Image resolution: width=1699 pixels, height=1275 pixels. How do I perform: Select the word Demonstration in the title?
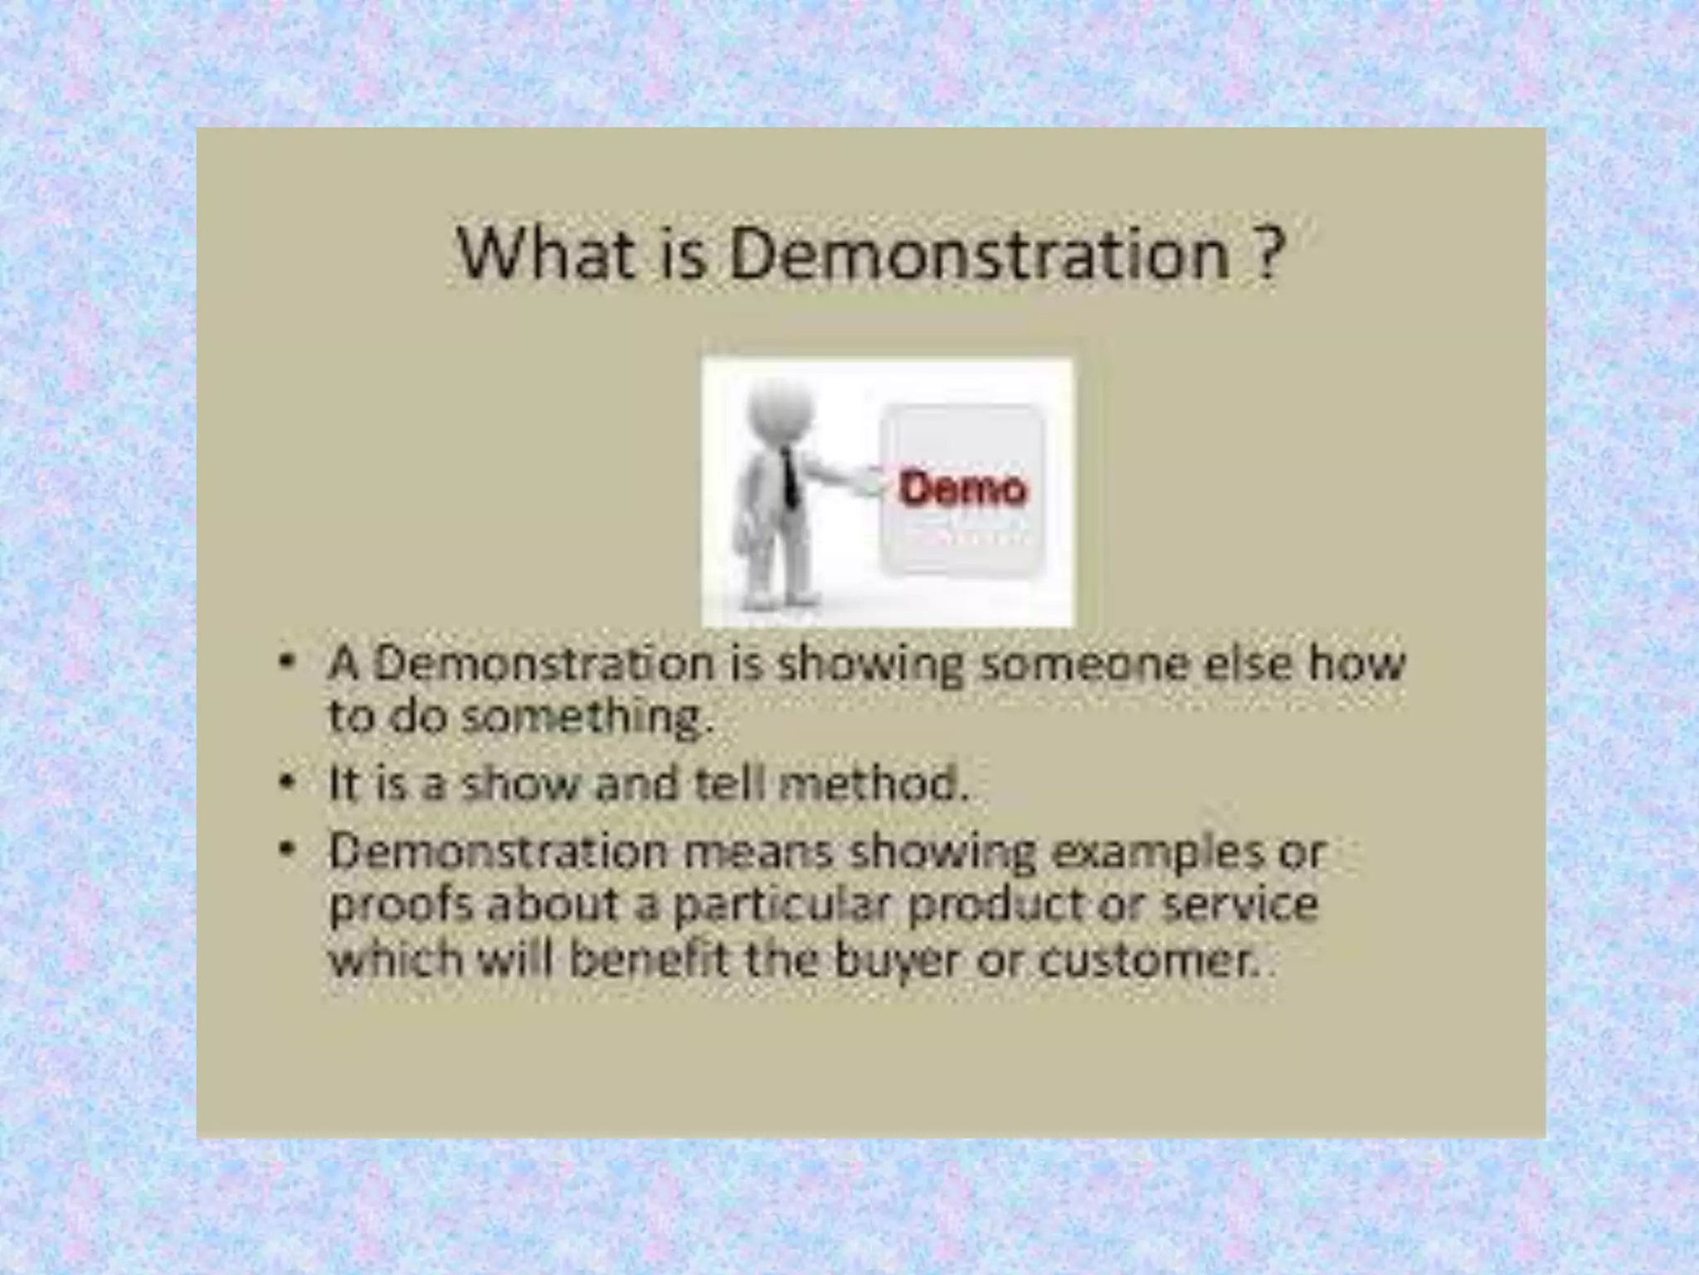979,253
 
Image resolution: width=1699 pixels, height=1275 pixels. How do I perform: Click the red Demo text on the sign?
963,490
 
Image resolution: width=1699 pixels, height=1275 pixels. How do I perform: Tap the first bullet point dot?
287,662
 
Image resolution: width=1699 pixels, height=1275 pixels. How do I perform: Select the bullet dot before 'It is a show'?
287,782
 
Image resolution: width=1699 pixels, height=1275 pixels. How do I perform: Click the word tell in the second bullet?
727,784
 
